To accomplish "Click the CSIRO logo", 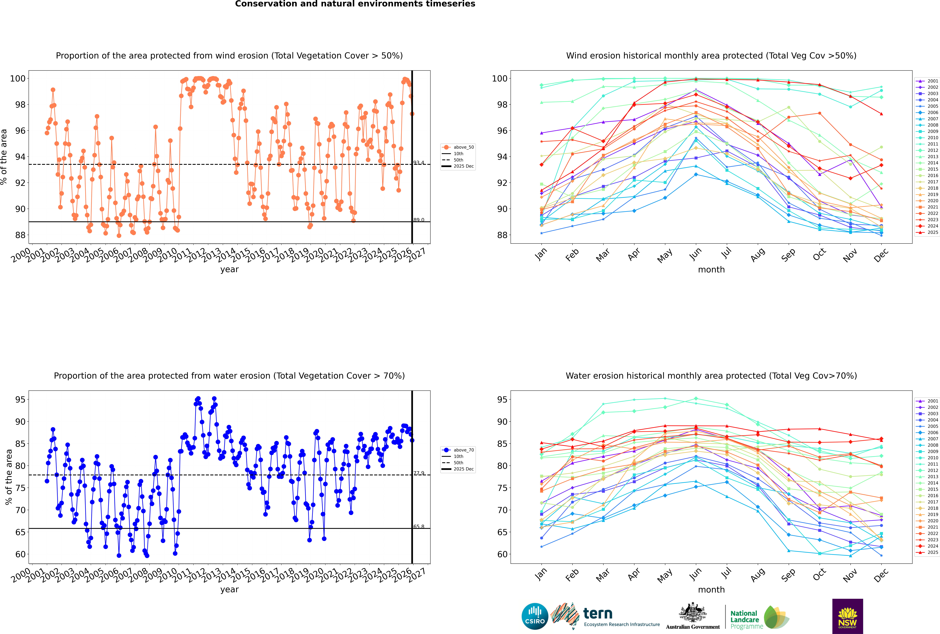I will [535, 616].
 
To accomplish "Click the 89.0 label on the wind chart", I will [419, 220].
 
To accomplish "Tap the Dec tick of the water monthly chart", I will [881, 574].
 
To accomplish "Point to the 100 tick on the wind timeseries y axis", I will [18, 78].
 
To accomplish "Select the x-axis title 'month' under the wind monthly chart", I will [711, 270].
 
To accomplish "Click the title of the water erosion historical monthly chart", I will [711, 376].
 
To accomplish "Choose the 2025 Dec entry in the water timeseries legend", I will [463, 469].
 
